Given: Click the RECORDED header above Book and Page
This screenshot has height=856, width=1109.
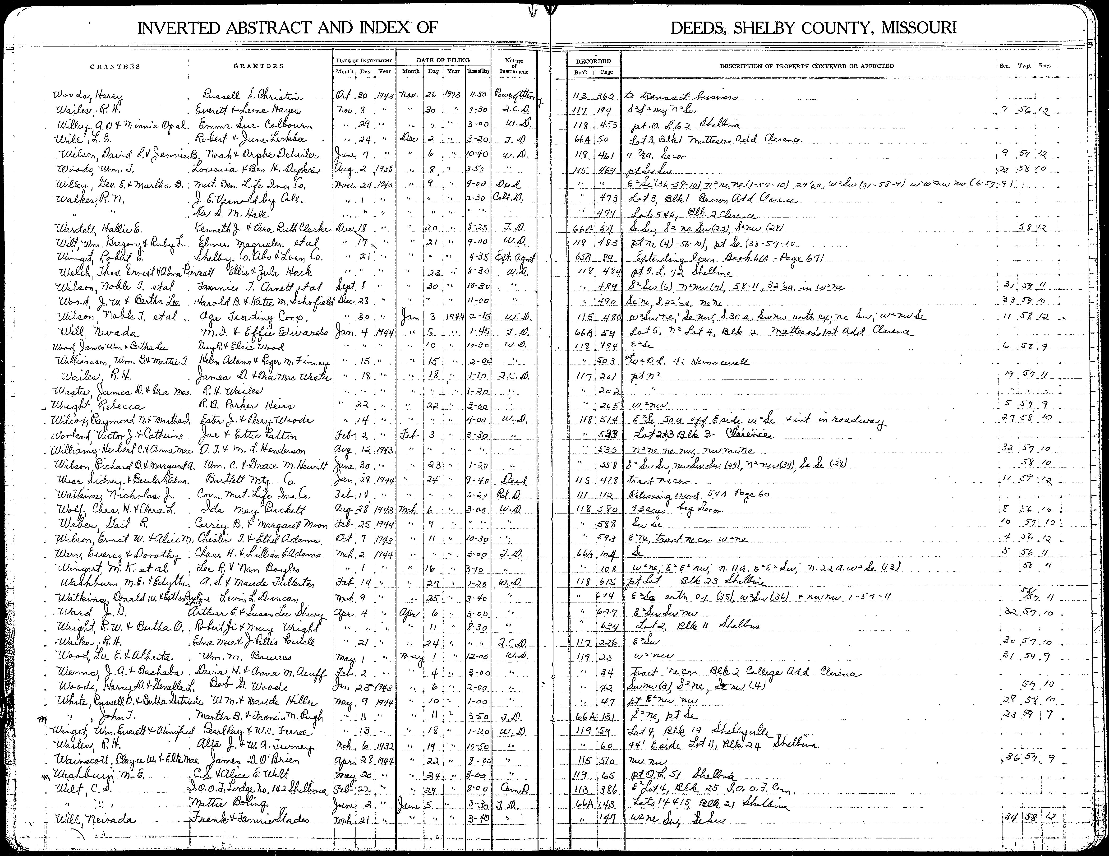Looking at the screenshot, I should (593, 61).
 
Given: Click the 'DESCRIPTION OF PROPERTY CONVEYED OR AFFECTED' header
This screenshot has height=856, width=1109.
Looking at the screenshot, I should (806, 66).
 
